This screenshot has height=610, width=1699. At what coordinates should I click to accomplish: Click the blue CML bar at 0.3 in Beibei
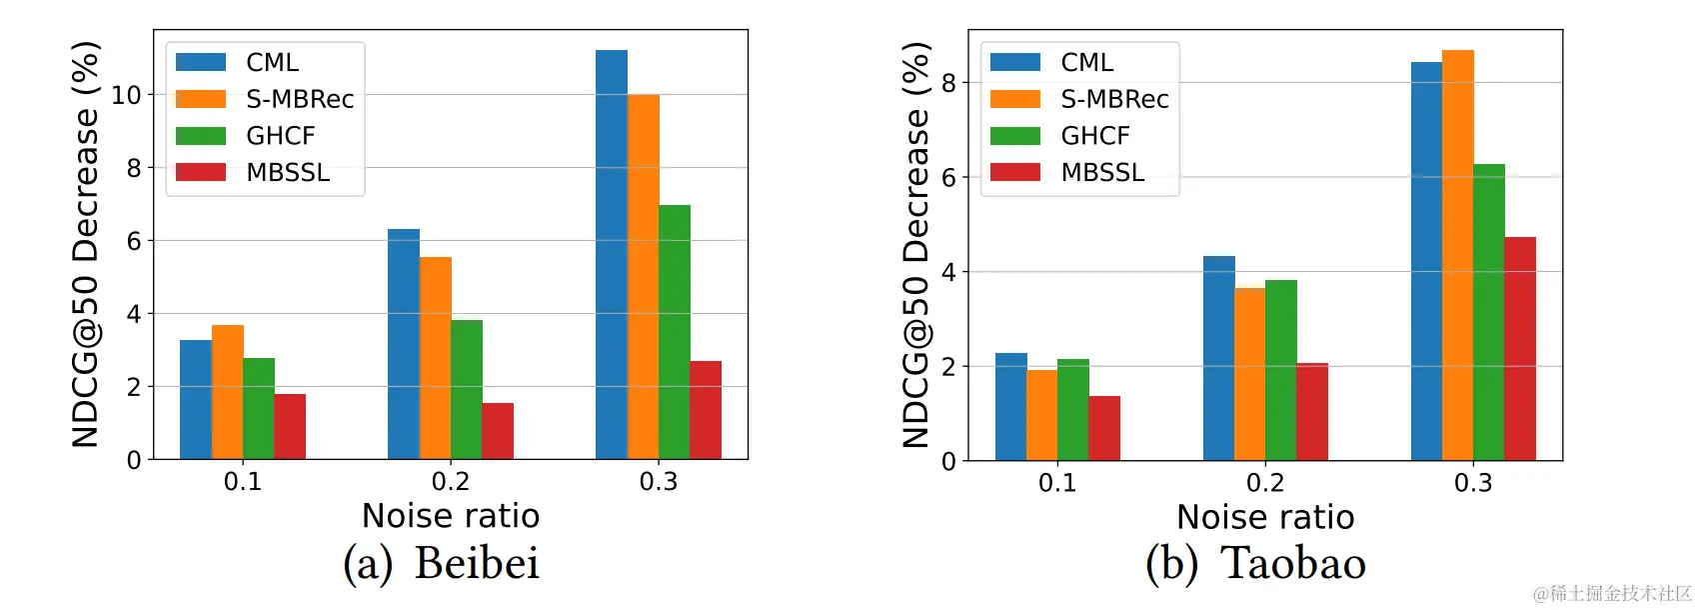pos(612,255)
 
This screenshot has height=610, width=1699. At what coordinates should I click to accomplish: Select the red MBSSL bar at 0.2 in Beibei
pos(498,431)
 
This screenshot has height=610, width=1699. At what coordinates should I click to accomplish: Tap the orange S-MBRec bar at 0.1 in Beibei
pos(228,392)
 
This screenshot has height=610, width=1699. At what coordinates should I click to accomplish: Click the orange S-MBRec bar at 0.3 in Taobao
pos(1458,255)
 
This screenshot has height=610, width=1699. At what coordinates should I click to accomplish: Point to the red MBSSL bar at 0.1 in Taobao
pos(1104,428)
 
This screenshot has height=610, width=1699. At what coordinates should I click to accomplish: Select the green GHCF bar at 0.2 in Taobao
pos(1281,370)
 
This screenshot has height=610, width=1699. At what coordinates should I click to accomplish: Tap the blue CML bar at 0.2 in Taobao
pos(1219,358)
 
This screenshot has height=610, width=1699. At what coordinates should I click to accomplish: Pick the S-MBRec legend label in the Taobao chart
pos(1114,99)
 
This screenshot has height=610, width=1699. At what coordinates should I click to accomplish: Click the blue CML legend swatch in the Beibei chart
pos(201,62)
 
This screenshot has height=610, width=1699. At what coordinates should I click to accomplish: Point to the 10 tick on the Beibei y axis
pos(127,95)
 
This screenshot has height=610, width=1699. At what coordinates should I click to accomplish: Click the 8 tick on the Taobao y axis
pos(948,83)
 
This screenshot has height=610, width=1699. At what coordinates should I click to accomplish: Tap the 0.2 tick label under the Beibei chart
pos(451,482)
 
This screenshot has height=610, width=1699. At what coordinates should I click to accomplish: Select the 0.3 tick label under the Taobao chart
pos(1473,483)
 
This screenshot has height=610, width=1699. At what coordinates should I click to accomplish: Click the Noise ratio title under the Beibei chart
pos(451,516)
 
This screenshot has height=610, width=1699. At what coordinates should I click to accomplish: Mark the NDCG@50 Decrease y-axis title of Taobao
pos(915,245)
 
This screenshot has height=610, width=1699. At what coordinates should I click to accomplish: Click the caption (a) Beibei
pos(441,563)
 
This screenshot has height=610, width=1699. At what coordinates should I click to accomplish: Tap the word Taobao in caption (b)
pos(1293,563)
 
